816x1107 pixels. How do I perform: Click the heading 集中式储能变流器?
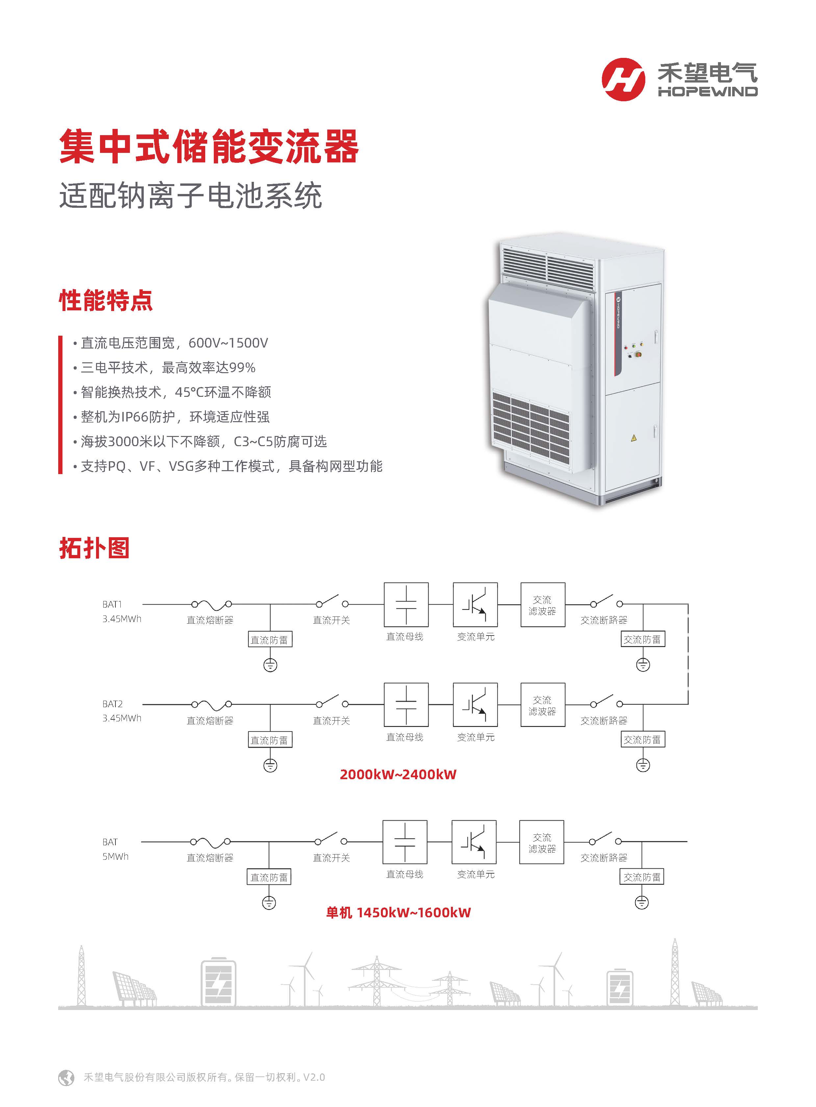(x=209, y=147)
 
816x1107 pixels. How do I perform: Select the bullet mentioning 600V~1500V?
(x=174, y=343)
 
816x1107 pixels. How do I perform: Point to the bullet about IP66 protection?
(x=175, y=417)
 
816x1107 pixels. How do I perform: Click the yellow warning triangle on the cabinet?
(x=634, y=438)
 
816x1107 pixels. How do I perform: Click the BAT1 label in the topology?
(x=112, y=604)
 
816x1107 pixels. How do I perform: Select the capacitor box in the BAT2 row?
(x=406, y=705)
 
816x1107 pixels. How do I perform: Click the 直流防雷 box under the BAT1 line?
(x=270, y=640)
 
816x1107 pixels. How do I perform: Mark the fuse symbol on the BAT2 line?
(x=212, y=704)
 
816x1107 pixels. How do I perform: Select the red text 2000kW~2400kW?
(x=398, y=774)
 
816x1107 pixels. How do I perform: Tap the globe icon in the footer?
(x=66, y=1077)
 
